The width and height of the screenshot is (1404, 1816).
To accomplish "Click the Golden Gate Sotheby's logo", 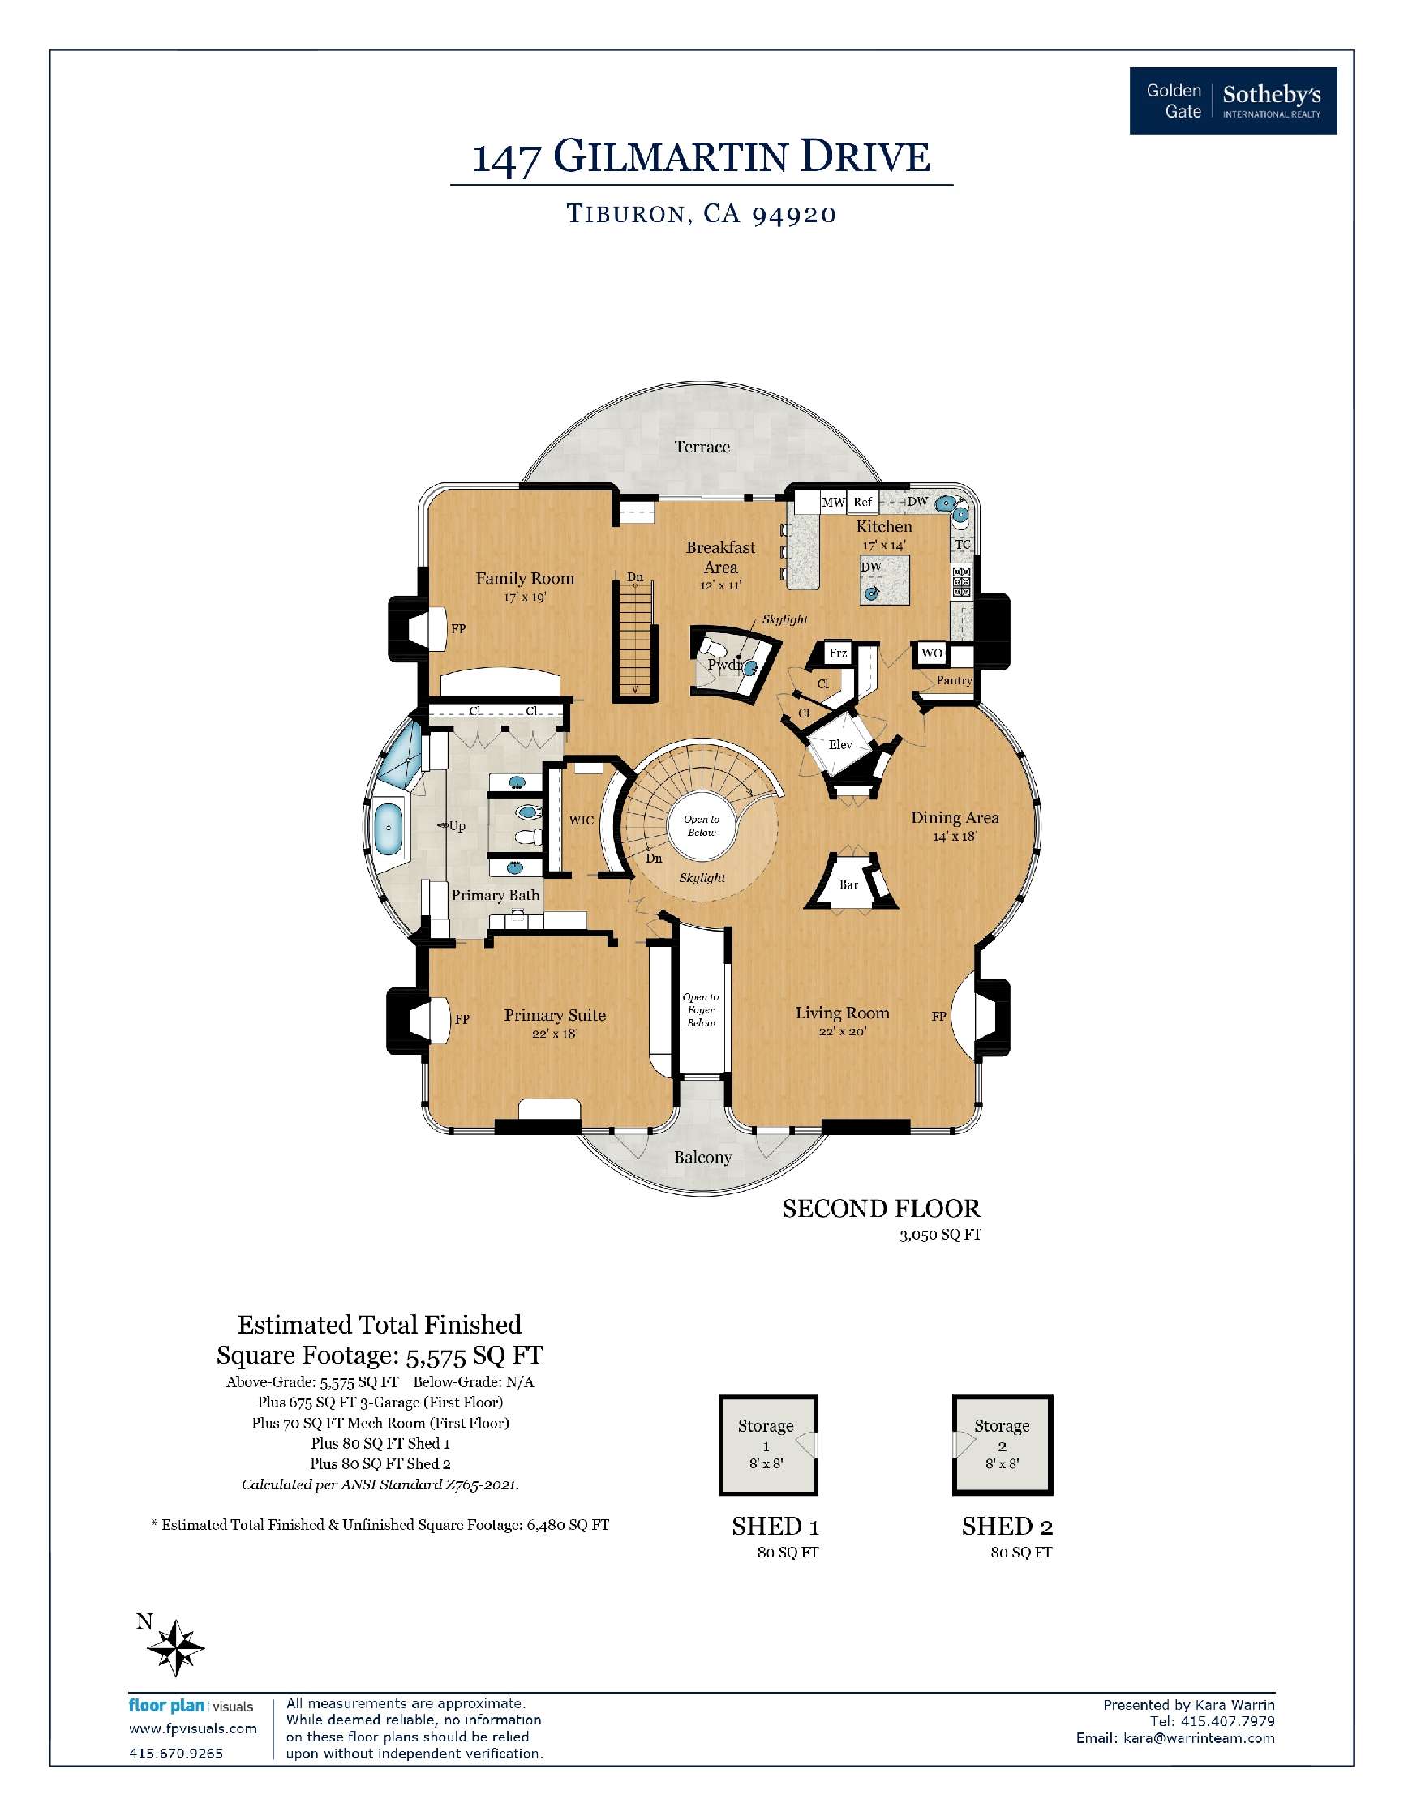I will pyautogui.click(x=1232, y=101).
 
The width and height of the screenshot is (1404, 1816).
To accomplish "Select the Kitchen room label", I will pyautogui.click(x=883, y=526).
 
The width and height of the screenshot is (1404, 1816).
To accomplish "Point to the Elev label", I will pyautogui.click(x=840, y=744).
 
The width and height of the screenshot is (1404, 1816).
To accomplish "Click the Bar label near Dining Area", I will pyautogui.click(x=848, y=884).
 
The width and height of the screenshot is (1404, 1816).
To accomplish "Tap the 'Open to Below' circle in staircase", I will pyautogui.click(x=701, y=825).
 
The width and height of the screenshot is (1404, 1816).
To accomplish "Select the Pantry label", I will pyautogui.click(x=954, y=680).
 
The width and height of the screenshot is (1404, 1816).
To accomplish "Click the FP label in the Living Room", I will pyautogui.click(x=938, y=1016).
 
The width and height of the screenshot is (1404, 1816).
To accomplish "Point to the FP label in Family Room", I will pyautogui.click(x=458, y=628).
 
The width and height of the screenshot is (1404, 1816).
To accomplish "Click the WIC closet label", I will pyautogui.click(x=582, y=820).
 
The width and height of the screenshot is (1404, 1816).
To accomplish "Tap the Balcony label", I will pyautogui.click(x=702, y=1158).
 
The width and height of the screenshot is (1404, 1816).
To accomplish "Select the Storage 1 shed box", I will pyautogui.click(x=768, y=1445).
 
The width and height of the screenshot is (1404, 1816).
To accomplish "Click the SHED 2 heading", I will pyautogui.click(x=1007, y=1526).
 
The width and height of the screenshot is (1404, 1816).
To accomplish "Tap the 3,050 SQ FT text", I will pyautogui.click(x=939, y=1235).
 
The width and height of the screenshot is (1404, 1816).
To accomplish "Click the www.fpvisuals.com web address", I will pyautogui.click(x=192, y=1728).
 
